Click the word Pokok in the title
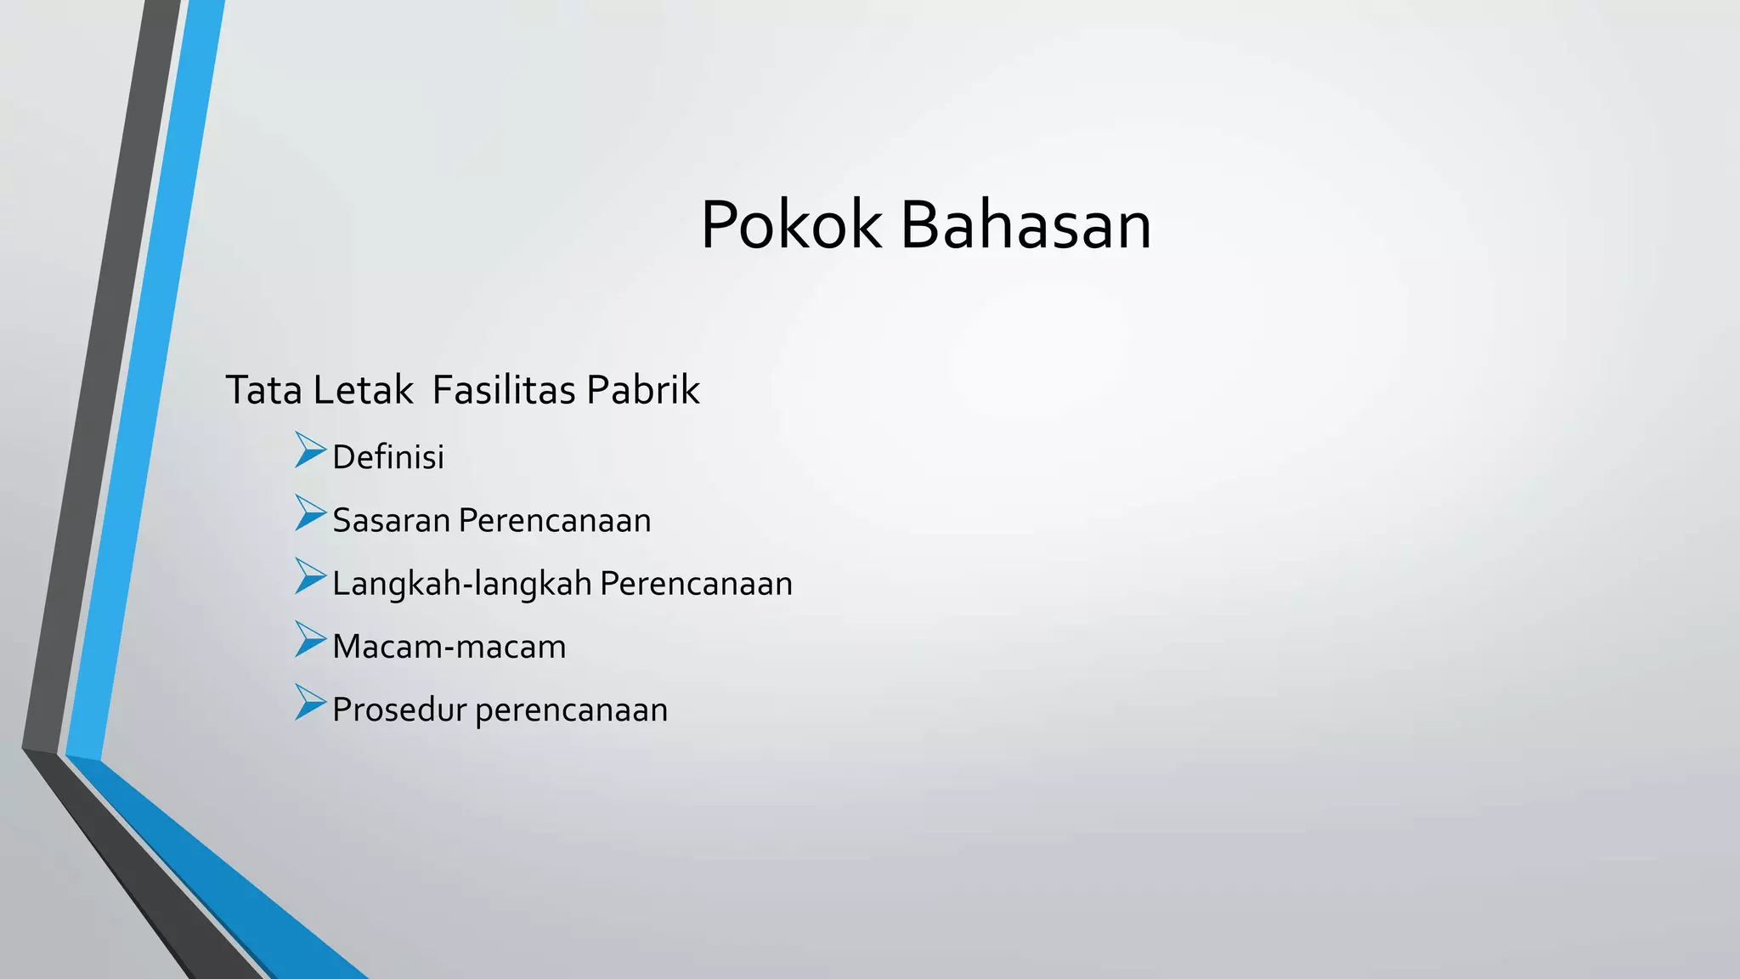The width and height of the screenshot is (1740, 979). (791, 225)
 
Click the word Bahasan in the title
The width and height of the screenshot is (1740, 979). (1025, 225)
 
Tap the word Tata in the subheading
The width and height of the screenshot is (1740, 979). (263, 391)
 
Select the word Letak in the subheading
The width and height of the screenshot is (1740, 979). (363, 391)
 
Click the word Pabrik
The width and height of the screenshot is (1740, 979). (643, 391)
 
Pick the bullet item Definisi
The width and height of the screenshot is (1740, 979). (388, 457)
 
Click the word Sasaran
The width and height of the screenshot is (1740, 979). (391, 520)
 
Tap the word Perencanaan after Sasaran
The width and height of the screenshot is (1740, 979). (555, 520)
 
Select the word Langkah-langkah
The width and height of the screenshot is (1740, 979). (461, 584)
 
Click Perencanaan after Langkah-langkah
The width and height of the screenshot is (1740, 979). (696, 584)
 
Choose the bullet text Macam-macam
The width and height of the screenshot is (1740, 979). (449, 647)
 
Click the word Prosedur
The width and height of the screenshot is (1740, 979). (398, 710)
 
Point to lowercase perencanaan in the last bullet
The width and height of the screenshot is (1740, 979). (571, 710)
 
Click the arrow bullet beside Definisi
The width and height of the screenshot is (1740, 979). (310, 450)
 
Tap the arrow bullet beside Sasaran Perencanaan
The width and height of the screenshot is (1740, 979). (310, 513)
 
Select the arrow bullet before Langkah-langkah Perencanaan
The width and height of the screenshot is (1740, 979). (310, 576)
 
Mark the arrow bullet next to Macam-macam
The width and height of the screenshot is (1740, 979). (310, 639)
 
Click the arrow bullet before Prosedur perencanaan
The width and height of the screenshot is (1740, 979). (310, 702)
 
